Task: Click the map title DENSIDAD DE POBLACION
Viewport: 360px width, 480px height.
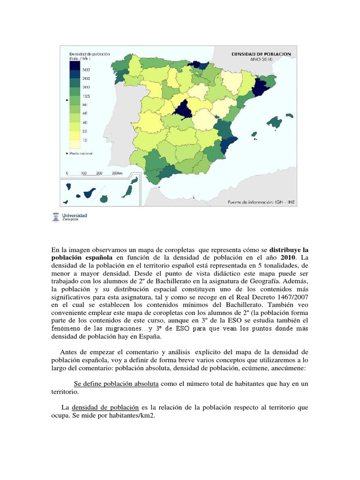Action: pos(262,54)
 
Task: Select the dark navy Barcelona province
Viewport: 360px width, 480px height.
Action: pos(258,87)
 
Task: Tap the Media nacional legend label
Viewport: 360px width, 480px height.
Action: pos(82,153)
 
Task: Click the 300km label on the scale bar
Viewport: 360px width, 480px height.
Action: pos(117,173)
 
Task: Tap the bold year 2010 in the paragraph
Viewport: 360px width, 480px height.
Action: pos(288,258)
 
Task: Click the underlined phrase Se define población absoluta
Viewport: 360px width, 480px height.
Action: pos(116,384)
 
